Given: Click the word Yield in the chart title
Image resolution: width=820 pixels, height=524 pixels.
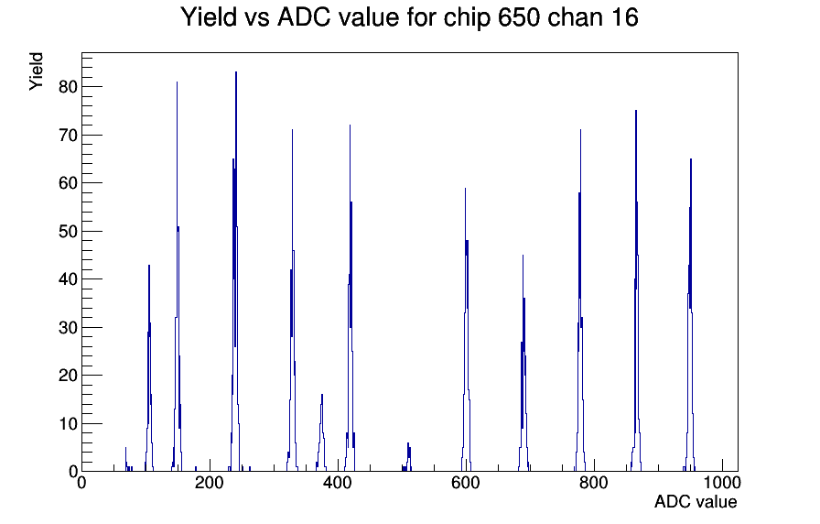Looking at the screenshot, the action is point(209,16).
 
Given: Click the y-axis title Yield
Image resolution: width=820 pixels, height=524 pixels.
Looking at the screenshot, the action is point(36,71).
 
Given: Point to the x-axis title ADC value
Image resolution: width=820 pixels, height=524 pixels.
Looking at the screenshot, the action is point(696,501).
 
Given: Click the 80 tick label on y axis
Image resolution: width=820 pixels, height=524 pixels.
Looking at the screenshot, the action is point(68,87).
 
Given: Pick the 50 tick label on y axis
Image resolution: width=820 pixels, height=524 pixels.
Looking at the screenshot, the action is point(68,232).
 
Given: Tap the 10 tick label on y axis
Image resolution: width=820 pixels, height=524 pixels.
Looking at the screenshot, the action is point(68,423).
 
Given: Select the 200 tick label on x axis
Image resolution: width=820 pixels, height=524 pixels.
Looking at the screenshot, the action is point(210,482).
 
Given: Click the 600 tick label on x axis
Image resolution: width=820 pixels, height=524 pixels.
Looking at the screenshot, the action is point(466,482).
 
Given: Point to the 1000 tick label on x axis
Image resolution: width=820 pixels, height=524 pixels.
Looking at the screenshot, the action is point(722,482).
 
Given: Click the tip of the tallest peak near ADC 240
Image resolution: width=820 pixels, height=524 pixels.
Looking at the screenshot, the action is point(236,72).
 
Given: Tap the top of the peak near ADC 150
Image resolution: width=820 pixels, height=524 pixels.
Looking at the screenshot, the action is point(177,82).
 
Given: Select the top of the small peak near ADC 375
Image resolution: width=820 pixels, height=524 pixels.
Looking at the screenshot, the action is point(322,395).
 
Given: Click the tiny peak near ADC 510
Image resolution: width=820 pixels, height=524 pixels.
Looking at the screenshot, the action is point(408,443).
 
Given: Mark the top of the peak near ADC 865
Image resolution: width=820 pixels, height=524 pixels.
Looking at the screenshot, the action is point(636,111).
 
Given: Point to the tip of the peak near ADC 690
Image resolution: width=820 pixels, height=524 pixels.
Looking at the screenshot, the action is point(523,256).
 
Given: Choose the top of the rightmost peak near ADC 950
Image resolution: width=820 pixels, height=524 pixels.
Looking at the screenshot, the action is point(691,159).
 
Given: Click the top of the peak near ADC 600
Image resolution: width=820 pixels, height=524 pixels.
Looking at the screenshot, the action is point(465,189).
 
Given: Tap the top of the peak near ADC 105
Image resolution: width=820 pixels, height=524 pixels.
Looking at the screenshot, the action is point(149,266).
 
